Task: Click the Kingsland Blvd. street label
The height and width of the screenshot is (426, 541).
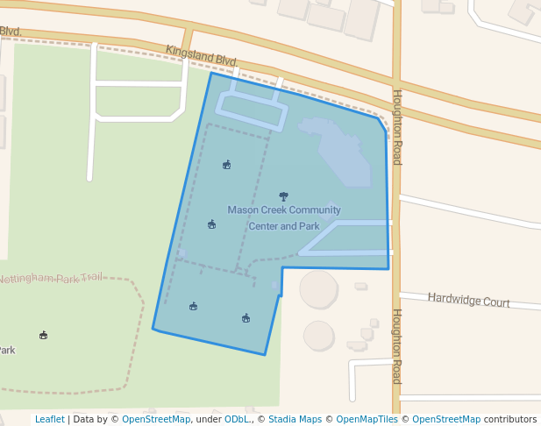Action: pyautogui.click(x=202, y=56)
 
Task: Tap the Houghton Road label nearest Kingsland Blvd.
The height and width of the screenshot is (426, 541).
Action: pyautogui.click(x=396, y=127)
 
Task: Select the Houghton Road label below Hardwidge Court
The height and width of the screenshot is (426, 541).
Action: pyautogui.click(x=396, y=346)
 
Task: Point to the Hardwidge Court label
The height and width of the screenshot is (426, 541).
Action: pyautogui.click(x=468, y=300)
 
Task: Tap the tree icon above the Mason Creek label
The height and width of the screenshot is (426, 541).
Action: pyautogui.click(x=282, y=196)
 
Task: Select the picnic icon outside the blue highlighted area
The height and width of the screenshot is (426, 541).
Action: pyautogui.click(x=43, y=335)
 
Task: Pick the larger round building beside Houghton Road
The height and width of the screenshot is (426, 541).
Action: pyautogui.click(x=318, y=288)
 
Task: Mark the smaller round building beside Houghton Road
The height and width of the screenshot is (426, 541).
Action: pyautogui.click(x=318, y=335)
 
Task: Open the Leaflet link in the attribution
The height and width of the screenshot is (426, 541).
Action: pyautogui.click(x=49, y=419)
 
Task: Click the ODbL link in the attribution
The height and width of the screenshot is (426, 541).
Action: pyautogui.click(x=237, y=419)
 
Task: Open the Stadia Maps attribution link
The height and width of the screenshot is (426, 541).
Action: pyautogui.click(x=295, y=419)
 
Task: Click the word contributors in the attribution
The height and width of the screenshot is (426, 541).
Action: pyautogui.click(x=510, y=419)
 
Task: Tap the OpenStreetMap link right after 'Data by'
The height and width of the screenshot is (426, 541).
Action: pyautogui.click(x=156, y=419)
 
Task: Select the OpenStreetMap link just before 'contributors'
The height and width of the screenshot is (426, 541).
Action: pyautogui.click(x=446, y=419)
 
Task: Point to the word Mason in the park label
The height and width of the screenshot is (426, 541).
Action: pyautogui.click(x=242, y=209)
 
